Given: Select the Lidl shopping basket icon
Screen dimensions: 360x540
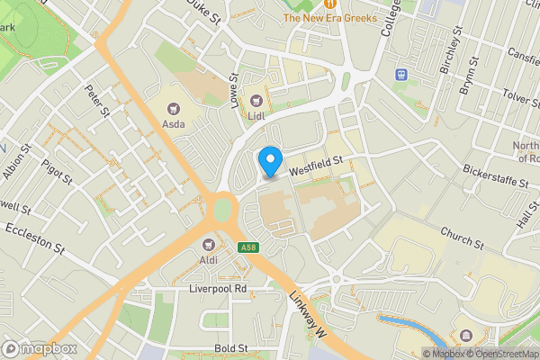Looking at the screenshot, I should tap(256, 101).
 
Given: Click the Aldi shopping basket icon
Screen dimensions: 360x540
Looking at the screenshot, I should tap(209, 244).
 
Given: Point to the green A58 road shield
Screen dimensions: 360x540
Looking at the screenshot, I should tap(248, 247).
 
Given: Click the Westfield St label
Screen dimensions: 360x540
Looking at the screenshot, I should tap(317, 164).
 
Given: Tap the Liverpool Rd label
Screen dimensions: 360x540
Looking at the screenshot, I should tap(218, 289).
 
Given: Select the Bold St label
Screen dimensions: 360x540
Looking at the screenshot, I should tap(230, 347).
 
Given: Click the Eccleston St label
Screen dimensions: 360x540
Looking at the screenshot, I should tap(36, 238).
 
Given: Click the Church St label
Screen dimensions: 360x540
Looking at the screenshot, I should tap(463, 238).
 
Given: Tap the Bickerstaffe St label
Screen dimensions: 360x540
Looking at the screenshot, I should tap(495, 175).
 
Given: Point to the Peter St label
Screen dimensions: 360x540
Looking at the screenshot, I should tap(96, 100).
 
